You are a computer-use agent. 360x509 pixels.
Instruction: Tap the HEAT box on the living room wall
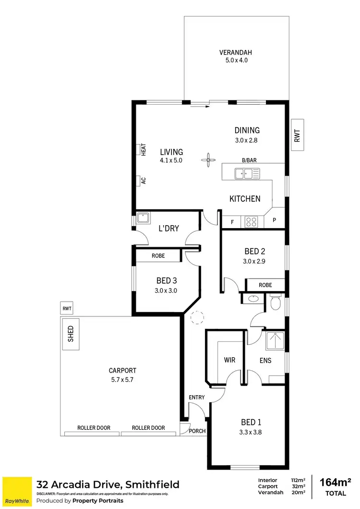143,149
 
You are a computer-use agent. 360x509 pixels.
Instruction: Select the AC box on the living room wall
143,181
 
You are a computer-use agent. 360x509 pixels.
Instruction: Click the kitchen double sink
247,173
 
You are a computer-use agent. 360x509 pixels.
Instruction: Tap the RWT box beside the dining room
297,134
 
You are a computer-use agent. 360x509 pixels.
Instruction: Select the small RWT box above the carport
65,308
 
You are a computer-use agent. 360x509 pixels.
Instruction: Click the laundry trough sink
143,218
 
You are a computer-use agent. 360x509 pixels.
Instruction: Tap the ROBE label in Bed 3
158,256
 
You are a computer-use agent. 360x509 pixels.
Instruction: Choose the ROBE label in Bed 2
265,285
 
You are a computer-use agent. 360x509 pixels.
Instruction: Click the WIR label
229,360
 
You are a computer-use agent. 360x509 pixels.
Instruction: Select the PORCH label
197,431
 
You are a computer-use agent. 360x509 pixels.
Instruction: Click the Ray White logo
17,491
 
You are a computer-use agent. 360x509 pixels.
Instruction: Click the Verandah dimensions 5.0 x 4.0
236,61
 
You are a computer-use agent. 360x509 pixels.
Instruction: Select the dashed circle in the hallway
197,318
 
